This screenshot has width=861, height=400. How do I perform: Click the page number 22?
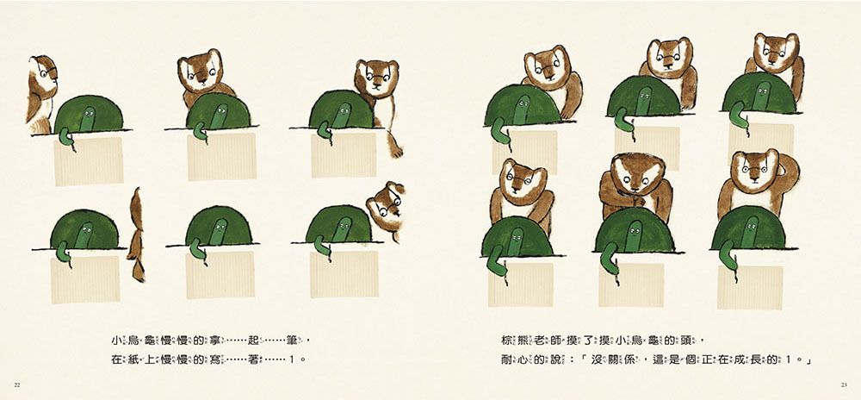[18, 383]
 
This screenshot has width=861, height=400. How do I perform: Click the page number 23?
[843, 383]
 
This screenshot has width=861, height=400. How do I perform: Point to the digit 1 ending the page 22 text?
[293, 357]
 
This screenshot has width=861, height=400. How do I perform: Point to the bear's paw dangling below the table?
[396, 147]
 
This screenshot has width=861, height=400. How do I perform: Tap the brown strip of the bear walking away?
[136, 237]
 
